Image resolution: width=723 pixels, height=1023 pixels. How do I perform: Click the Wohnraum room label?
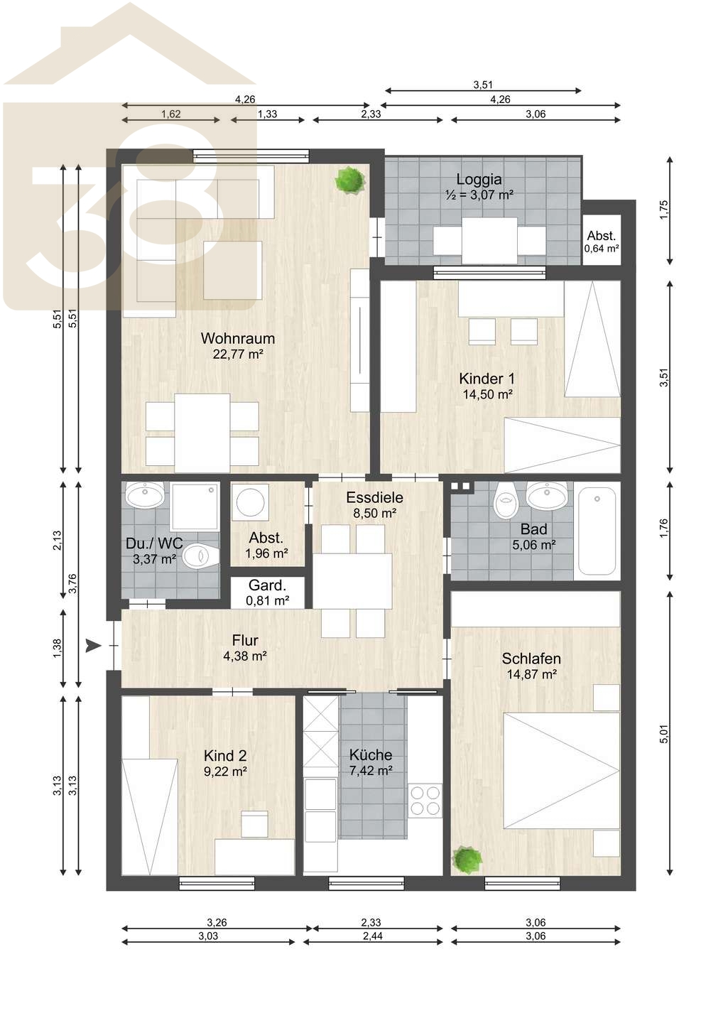click(x=238, y=338)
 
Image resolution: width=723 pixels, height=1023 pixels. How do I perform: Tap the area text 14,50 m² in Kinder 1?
click(x=487, y=394)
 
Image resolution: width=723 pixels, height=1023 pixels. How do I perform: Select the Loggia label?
click(x=479, y=180)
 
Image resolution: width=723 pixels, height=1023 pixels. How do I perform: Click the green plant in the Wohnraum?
click(x=350, y=180)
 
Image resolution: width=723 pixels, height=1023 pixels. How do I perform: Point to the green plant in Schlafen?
click(x=467, y=860)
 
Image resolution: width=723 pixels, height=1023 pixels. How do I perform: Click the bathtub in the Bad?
click(x=597, y=530)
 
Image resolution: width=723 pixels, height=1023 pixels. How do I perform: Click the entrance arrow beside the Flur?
click(x=93, y=645)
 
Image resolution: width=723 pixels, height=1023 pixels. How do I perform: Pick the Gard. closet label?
click(x=267, y=585)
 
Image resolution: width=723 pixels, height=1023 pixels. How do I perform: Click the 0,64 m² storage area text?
click(x=602, y=249)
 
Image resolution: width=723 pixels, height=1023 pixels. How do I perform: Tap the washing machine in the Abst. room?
click(x=250, y=502)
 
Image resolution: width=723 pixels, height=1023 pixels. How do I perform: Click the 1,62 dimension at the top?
click(x=170, y=114)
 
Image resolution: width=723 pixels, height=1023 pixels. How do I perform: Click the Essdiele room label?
click(x=374, y=497)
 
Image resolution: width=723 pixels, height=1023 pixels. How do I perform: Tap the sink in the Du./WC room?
click(x=145, y=494)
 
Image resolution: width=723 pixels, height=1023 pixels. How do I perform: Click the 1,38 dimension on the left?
click(x=57, y=649)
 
